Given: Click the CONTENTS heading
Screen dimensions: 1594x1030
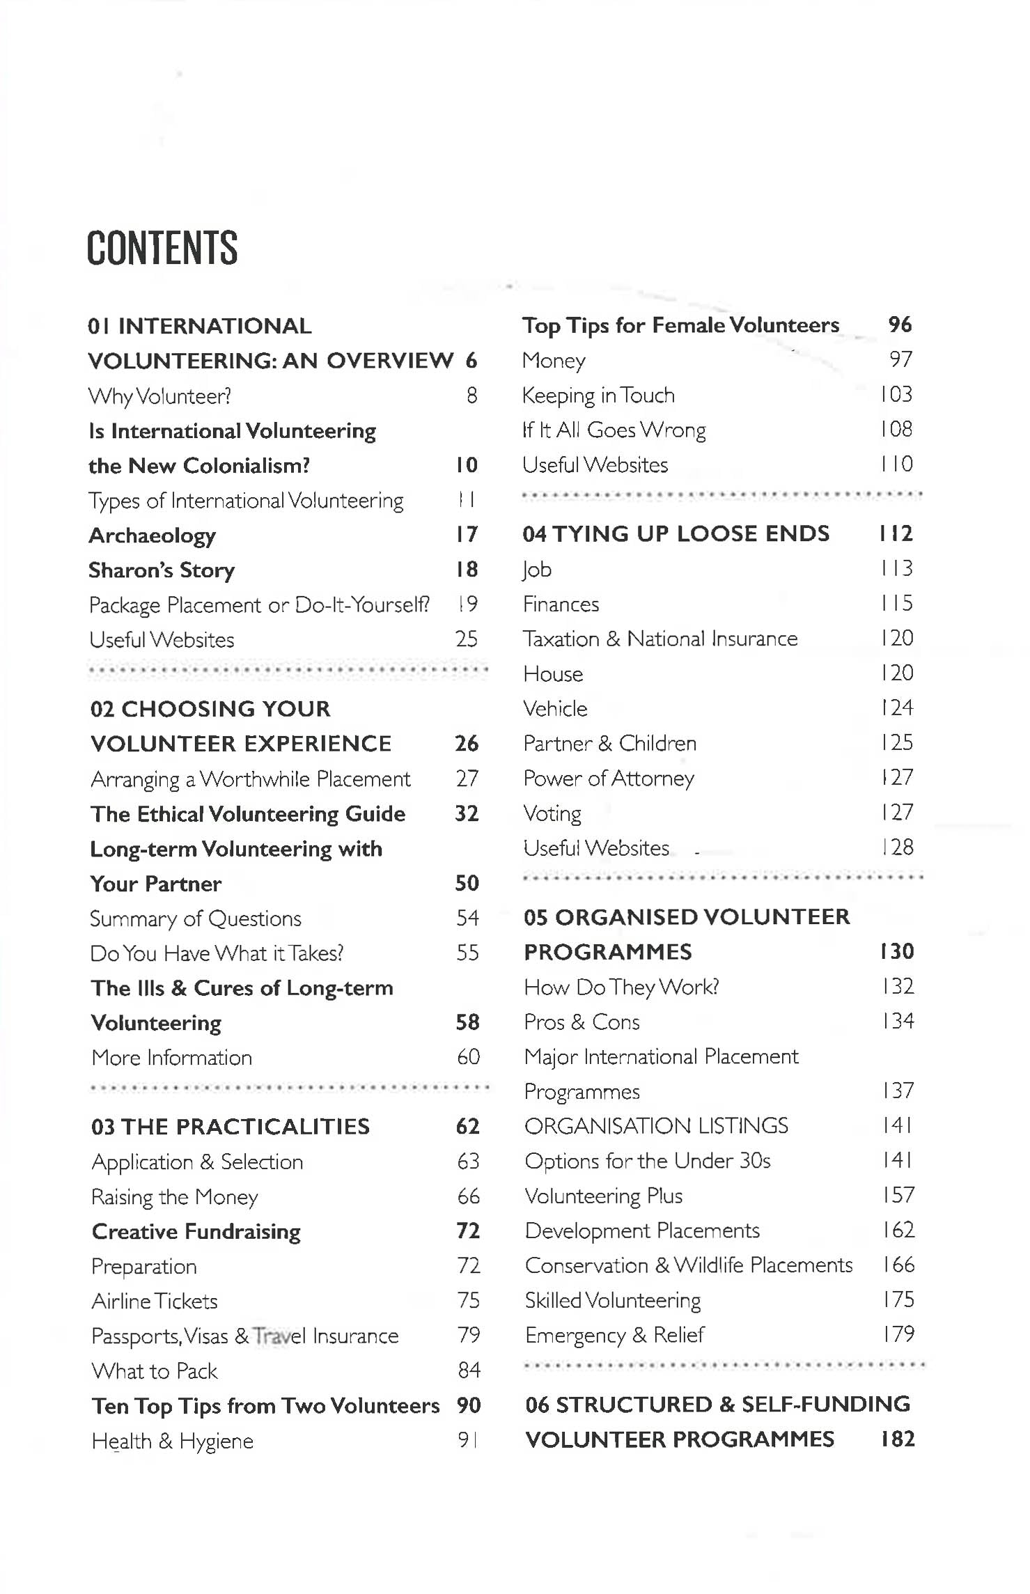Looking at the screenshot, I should pyautogui.click(x=162, y=248).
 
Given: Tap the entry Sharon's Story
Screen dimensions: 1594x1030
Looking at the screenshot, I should pyautogui.click(x=162, y=570).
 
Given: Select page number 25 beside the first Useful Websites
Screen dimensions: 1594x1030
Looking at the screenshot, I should pyautogui.click(x=466, y=639).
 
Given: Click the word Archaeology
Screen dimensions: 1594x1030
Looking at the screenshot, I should pyautogui.click(x=152, y=535).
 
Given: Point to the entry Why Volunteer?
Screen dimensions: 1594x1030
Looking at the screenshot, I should pyautogui.click(x=159, y=396).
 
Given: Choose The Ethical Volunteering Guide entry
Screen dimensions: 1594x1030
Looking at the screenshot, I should pyautogui.click(x=248, y=813).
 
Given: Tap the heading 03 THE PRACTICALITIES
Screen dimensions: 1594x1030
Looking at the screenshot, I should pyautogui.click(x=231, y=1126).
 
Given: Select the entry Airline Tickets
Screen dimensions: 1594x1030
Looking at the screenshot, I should pyautogui.click(x=155, y=1300).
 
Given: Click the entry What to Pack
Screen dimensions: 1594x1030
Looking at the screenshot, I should pyautogui.click(x=155, y=1370).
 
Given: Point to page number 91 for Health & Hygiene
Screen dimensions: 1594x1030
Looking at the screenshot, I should pyautogui.click(x=468, y=1440).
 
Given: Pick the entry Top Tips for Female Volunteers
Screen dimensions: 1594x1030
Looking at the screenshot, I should pyautogui.click(x=680, y=325).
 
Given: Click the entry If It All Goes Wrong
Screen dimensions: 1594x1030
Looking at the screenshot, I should pyautogui.click(x=614, y=430).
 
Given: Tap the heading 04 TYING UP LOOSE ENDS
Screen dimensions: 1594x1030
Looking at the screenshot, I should pyautogui.click(x=676, y=533).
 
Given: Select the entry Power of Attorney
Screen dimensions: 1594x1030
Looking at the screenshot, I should pyautogui.click(x=609, y=778).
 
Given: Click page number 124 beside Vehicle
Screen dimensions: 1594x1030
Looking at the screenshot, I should pyautogui.click(x=896, y=708).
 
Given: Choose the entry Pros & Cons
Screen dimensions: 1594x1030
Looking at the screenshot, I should pyautogui.click(x=582, y=1022).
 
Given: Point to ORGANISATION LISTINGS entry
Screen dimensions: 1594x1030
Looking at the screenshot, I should pyautogui.click(x=656, y=1125).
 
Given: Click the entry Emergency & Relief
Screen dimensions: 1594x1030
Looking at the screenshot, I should pyautogui.click(x=614, y=1334).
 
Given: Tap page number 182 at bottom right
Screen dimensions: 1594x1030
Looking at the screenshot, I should pyautogui.click(x=897, y=1439).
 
